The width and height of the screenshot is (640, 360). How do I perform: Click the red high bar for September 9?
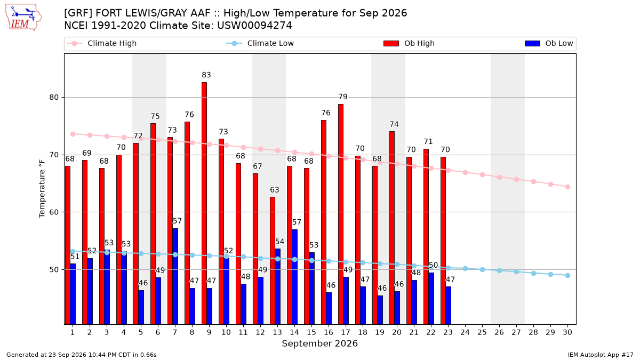pos(204,203)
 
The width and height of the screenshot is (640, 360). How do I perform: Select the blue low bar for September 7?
pos(175,276)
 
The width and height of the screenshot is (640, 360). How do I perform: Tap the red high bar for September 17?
pos(341,214)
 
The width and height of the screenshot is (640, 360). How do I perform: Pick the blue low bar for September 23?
pos(449,306)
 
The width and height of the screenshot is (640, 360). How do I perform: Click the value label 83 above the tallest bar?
pos(206,75)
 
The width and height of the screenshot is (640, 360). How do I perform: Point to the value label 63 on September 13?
pos(275,190)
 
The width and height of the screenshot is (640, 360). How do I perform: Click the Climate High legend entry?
pos(101,43)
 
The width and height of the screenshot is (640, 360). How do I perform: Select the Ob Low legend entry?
pos(549,43)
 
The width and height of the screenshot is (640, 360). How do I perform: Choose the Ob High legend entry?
pos(409,43)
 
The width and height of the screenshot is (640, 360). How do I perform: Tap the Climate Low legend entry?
pos(260,43)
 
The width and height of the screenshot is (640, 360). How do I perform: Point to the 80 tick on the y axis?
pos(54,98)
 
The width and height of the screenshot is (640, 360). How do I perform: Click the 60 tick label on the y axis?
pos(54,212)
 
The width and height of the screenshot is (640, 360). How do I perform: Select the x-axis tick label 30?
pos(567,332)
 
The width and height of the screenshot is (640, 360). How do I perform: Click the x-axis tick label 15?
pos(311,332)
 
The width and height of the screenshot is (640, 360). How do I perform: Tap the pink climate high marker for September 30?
pos(567,187)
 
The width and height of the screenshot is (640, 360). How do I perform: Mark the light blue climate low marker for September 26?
pos(499,270)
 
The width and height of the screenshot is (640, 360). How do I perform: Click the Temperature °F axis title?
pos(42,189)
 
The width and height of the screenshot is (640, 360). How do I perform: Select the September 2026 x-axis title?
pos(319,343)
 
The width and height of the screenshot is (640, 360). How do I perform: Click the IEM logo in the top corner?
pos(23,18)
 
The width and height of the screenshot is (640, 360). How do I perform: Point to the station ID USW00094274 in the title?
pos(254,26)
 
